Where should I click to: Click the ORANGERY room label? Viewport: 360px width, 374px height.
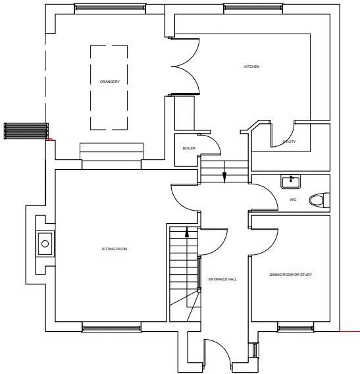point(110,82)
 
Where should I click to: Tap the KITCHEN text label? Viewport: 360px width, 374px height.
point(251,67)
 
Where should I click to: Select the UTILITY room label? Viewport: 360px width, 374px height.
point(289,142)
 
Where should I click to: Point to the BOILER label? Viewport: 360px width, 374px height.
point(189,148)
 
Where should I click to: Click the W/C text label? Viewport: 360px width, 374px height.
point(293,200)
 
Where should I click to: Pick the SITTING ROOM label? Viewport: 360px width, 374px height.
point(114,249)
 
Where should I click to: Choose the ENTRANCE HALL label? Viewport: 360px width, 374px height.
point(222,279)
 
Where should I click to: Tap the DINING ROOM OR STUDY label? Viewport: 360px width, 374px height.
point(290,274)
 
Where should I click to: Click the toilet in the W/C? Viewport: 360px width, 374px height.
point(318,200)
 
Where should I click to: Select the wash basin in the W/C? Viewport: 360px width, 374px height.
point(290,180)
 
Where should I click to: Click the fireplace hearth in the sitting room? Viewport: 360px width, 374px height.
point(45,244)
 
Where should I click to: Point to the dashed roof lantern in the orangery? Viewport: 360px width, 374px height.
point(109,88)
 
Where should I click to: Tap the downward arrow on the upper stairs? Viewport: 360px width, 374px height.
point(224,176)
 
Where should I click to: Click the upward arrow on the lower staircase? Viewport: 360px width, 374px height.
point(187,232)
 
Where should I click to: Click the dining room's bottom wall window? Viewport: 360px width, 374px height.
point(294,327)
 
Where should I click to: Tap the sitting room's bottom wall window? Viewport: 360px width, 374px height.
point(111,327)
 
